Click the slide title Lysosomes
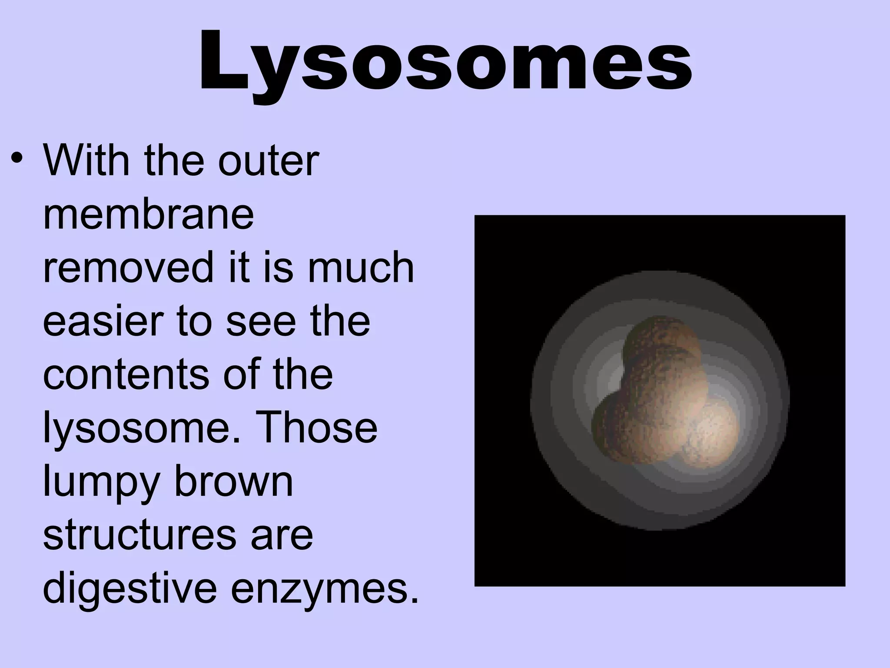445,61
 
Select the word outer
268,162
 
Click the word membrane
148,215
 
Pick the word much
361,268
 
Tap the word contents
126,374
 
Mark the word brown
233,481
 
